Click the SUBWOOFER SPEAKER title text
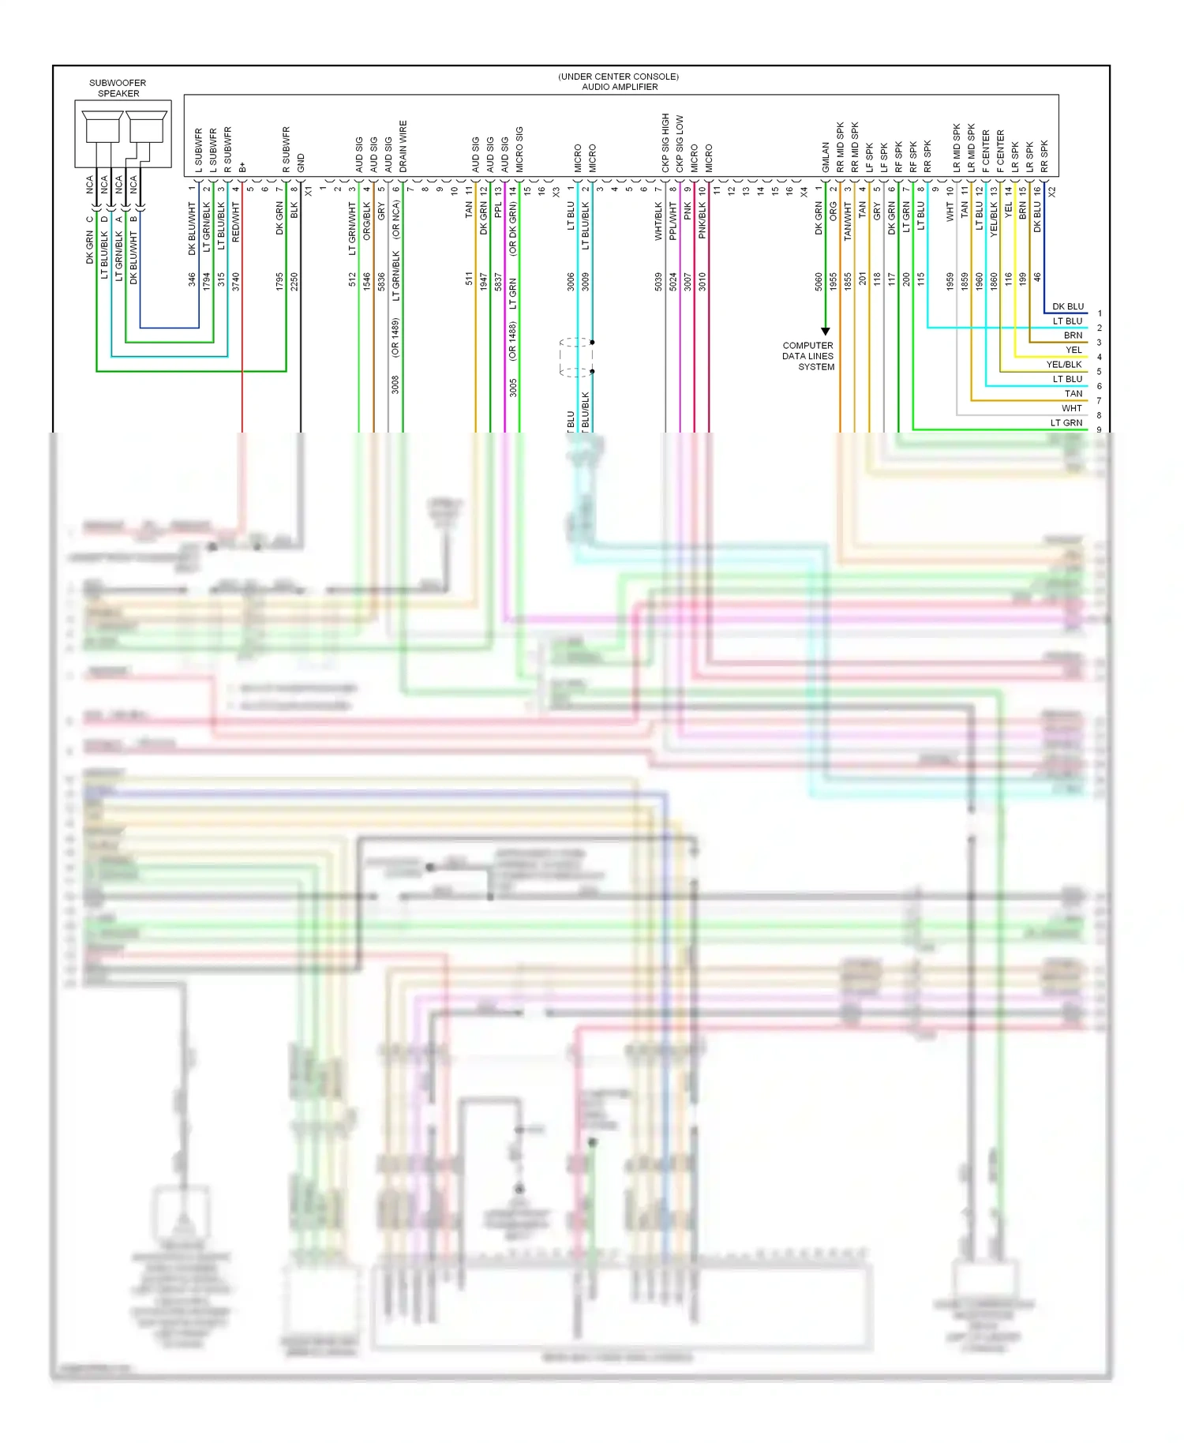(118, 88)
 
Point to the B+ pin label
(242, 167)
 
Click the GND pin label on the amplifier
(301, 163)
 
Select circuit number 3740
(236, 281)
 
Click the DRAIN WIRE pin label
(403, 146)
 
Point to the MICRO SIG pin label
(519, 149)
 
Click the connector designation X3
(556, 191)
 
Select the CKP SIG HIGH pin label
(665, 143)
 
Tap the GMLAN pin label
(826, 157)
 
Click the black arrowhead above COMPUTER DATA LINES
(826, 331)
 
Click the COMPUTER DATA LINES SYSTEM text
(808, 356)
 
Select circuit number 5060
(819, 281)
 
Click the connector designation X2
(1051, 191)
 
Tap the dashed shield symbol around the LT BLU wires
(576, 357)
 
